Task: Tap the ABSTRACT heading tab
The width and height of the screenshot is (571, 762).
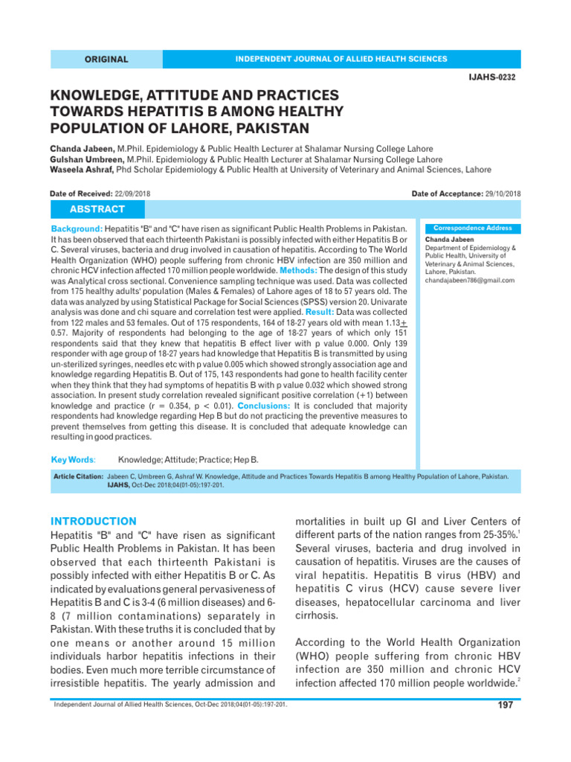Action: click(x=97, y=209)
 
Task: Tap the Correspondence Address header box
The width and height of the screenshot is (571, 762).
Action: click(x=471, y=228)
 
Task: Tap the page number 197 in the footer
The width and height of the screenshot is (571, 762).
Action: click(x=505, y=705)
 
